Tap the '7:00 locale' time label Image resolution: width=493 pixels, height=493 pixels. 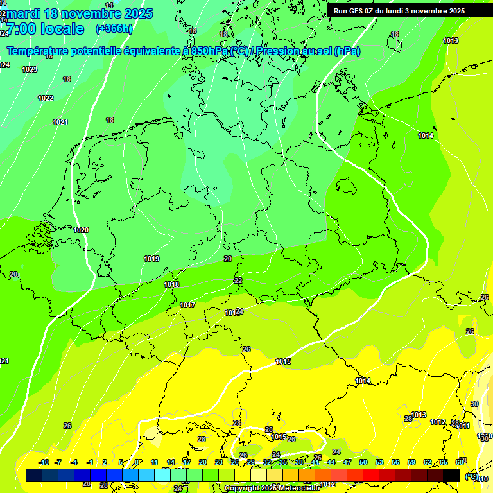pyautogui.click(x=45, y=29)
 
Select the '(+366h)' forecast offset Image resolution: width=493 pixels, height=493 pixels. pyautogui.click(x=114, y=29)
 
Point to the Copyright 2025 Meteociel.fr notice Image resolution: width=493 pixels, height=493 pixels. pyautogui.click(x=281, y=488)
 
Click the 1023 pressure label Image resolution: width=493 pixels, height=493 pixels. pyautogui.click(x=30, y=69)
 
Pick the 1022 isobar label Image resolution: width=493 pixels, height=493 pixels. pyautogui.click(x=46, y=98)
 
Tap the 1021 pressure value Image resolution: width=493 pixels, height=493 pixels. pyautogui.click(x=60, y=122)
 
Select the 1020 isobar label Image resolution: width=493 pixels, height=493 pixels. pyautogui.click(x=81, y=230)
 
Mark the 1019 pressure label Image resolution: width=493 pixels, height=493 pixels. pyautogui.click(x=151, y=259)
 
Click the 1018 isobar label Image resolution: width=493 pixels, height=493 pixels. pyautogui.click(x=171, y=284)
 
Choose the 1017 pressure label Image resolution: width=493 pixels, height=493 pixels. pyautogui.click(x=187, y=305)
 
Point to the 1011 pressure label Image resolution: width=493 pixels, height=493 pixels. pyautogui.click(x=463, y=426)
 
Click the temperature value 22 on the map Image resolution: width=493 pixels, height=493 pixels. pyautogui.click(x=238, y=281)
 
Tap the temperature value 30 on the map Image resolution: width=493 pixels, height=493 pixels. pyautogui.click(x=474, y=404)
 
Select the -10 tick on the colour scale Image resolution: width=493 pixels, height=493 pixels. pyautogui.click(x=44, y=462)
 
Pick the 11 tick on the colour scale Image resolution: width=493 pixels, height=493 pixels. pyautogui.click(x=154, y=462)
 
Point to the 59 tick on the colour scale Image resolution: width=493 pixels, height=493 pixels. pyautogui.click(x=411, y=462)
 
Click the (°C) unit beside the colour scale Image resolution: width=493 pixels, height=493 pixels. pyautogui.click(x=471, y=476)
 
